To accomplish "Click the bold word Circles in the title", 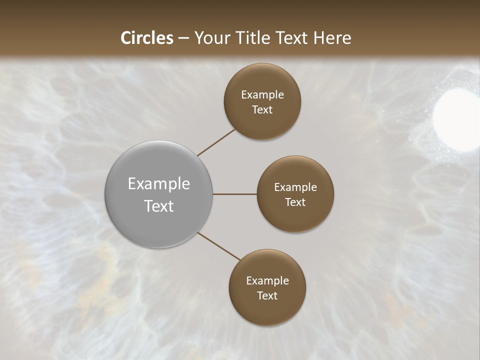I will (146, 38).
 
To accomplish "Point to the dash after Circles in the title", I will (183, 38).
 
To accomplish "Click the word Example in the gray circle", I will (159, 184).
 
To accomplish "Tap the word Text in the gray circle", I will (159, 206).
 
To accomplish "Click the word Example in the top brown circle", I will (262, 95).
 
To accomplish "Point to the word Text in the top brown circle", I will (262, 110).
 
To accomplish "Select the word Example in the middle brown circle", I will (295, 187).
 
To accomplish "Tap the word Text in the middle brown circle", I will (295, 202).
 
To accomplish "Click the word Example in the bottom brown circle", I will (267, 281).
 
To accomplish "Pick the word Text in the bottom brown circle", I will (267, 296).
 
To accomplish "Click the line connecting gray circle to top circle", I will (216, 142).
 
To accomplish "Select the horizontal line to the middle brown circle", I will (235, 194).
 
